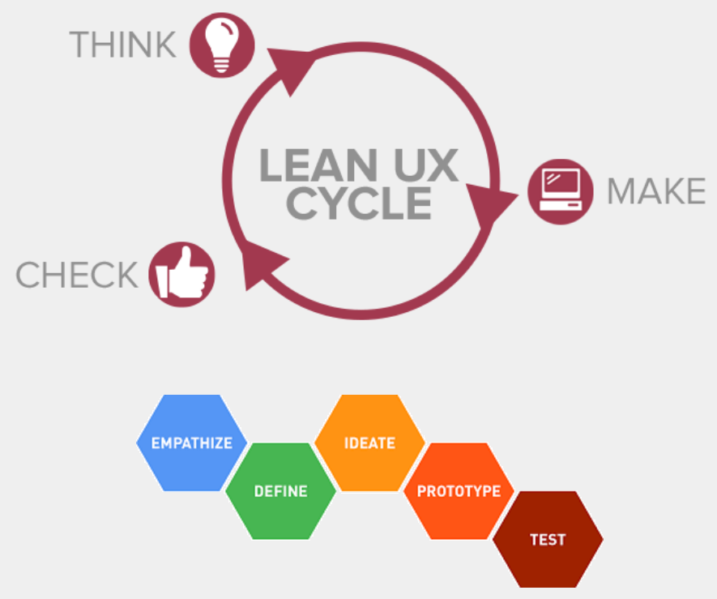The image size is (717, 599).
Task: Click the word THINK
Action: pyautogui.click(x=123, y=45)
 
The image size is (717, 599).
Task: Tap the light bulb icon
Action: pyautogui.click(x=222, y=45)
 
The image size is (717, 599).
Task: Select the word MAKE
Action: pyautogui.click(x=656, y=192)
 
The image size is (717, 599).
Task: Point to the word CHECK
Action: pyautogui.click(x=77, y=276)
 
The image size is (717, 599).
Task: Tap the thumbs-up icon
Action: pyautogui.click(x=181, y=274)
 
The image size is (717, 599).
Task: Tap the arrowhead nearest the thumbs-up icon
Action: pyautogui.click(x=263, y=267)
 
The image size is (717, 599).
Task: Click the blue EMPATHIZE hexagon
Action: pyautogui.click(x=192, y=443)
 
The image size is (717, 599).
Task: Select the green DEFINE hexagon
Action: pyautogui.click(x=280, y=491)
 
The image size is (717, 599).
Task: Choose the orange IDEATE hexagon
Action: pyautogui.click(x=369, y=443)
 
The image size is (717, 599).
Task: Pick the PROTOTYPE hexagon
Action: pyautogui.click(x=459, y=491)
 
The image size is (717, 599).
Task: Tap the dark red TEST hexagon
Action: pyautogui.click(x=548, y=539)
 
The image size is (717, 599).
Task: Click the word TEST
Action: pyautogui.click(x=548, y=540)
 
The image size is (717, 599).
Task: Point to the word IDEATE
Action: pyautogui.click(x=369, y=443)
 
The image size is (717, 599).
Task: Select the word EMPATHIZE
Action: pyautogui.click(x=192, y=443)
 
